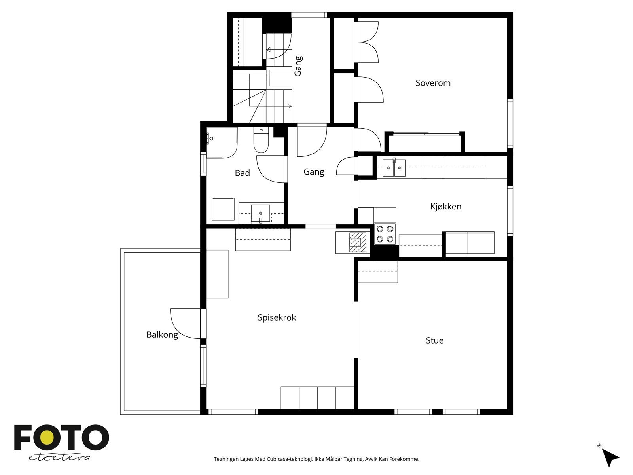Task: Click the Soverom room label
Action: (x=433, y=83)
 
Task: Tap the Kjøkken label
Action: (x=445, y=207)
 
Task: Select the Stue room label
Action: (x=434, y=340)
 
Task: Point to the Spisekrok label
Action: (x=277, y=317)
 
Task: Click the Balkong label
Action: (x=162, y=335)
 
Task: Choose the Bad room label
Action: (x=242, y=173)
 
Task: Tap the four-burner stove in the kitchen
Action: (x=385, y=234)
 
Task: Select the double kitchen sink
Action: (x=394, y=167)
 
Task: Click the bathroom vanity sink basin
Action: (x=260, y=214)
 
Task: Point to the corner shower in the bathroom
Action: (x=222, y=143)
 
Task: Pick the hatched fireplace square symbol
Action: (x=358, y=242)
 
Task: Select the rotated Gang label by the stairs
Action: (x=298, y=66)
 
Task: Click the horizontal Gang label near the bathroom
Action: (x=314, y=172)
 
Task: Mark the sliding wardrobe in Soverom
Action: (x=425, y=142)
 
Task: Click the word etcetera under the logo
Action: (x=59, y=458)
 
